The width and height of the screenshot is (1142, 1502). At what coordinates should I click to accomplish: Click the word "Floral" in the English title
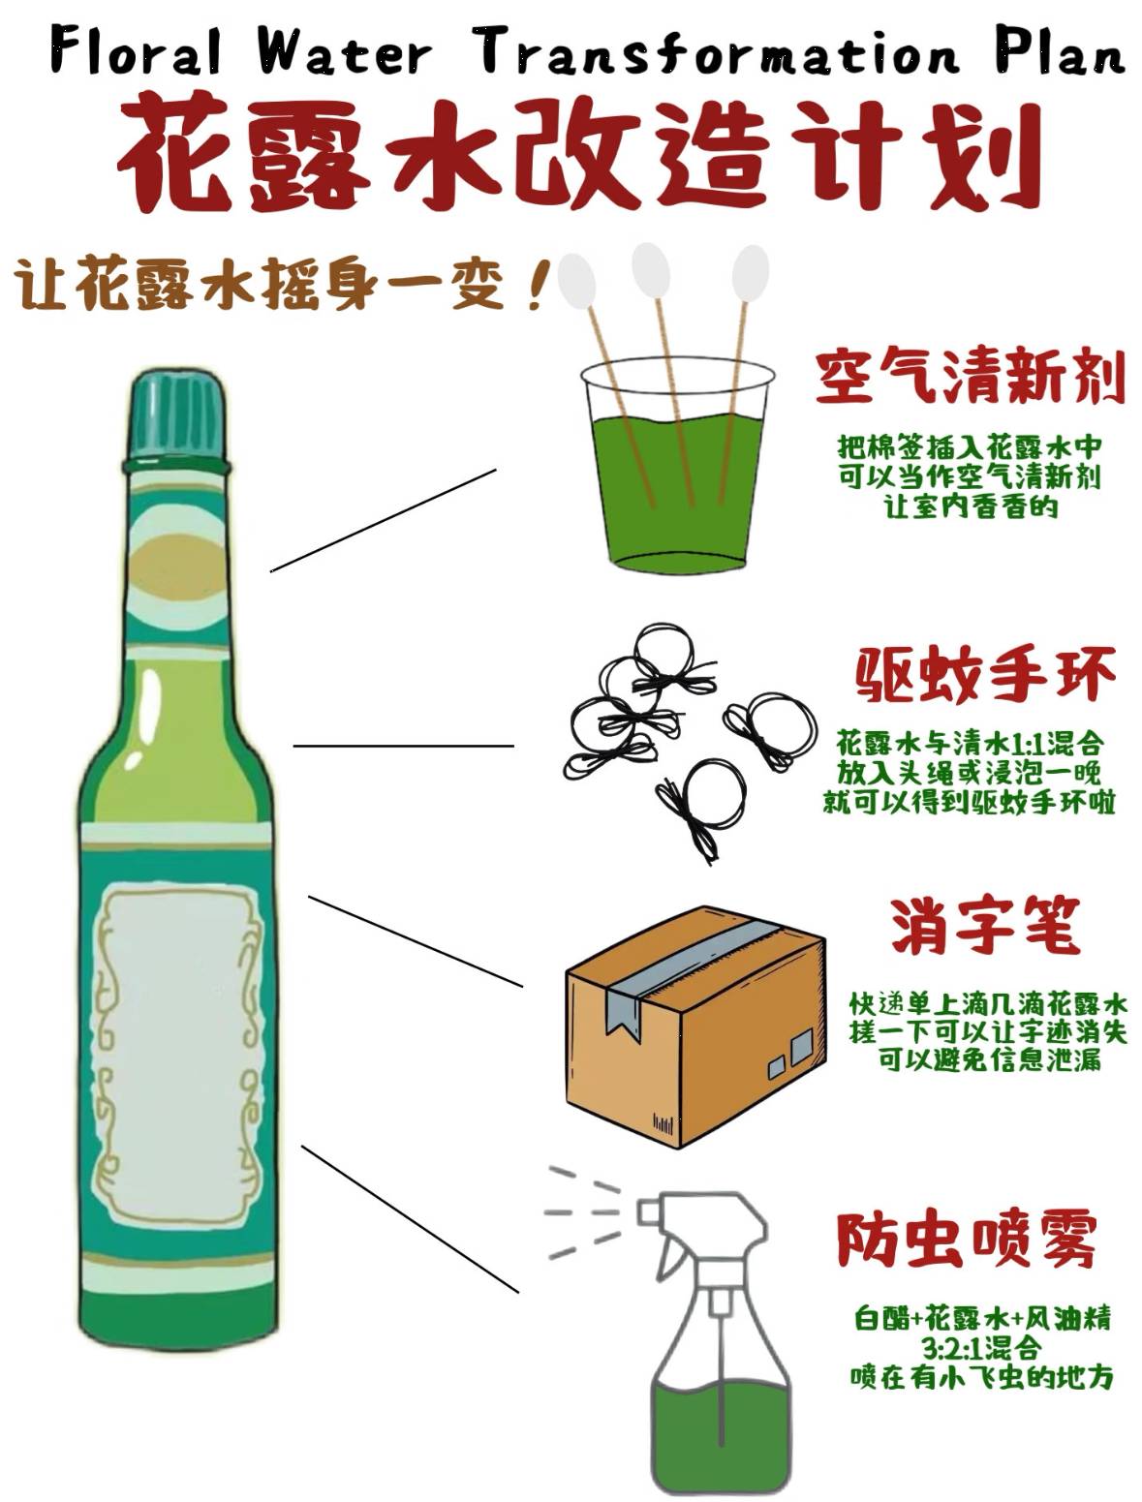(136, 50)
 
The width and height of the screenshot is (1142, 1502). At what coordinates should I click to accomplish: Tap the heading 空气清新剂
(970, 377)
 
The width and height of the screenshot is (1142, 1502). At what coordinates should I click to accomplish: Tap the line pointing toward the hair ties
(403, 746)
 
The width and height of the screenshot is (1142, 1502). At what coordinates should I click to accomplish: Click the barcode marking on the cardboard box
(664, 1124)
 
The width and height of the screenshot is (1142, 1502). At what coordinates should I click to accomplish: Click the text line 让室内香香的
(970, 506)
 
